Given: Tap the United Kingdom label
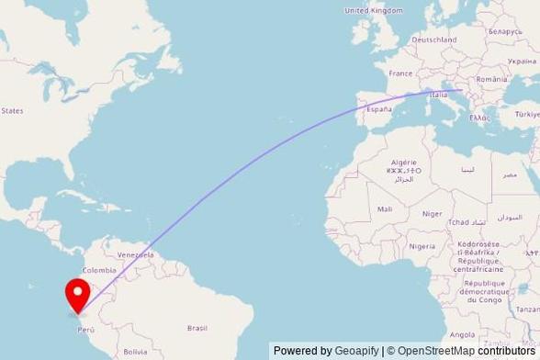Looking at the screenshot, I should click(373, 10).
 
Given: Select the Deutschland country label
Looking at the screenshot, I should click(434, 39).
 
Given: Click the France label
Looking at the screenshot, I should click(400, 73).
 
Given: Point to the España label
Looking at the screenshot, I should click(379, 108).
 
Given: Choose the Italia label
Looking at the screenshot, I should click(439, 94).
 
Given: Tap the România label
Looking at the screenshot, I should click(504, 82).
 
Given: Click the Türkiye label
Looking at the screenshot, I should click(527, 114).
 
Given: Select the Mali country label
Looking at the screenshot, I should click(385, 209).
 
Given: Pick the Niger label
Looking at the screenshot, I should click(432, 213).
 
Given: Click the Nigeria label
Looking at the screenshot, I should click(422, 246).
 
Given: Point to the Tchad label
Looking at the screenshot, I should click(457, 222).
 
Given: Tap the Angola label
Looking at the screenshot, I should click(463, 334).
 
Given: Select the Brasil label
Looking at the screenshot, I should click(197, 328).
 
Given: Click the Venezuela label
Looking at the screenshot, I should click(134, 253).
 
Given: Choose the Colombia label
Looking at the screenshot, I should click(99, 270).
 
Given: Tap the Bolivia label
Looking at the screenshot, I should click(135, 352).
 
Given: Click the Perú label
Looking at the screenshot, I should click(85, 329).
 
